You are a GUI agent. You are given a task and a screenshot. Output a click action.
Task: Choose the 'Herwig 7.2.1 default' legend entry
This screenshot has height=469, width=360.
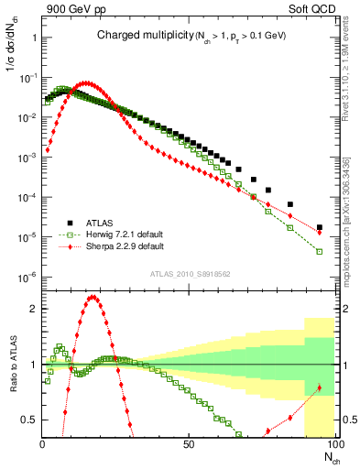[125, 234]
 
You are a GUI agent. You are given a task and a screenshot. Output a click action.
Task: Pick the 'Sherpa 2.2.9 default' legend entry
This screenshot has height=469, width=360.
[125, 246]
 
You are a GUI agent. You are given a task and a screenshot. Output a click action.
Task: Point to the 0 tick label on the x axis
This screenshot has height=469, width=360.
[43, 444]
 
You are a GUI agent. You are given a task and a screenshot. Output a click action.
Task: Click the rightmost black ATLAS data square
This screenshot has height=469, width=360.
[319, 227]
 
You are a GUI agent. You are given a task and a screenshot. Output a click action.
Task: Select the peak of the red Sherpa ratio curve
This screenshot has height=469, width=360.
[93, 297]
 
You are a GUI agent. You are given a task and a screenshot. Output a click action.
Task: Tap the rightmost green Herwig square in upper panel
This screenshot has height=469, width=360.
[319, 251]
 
